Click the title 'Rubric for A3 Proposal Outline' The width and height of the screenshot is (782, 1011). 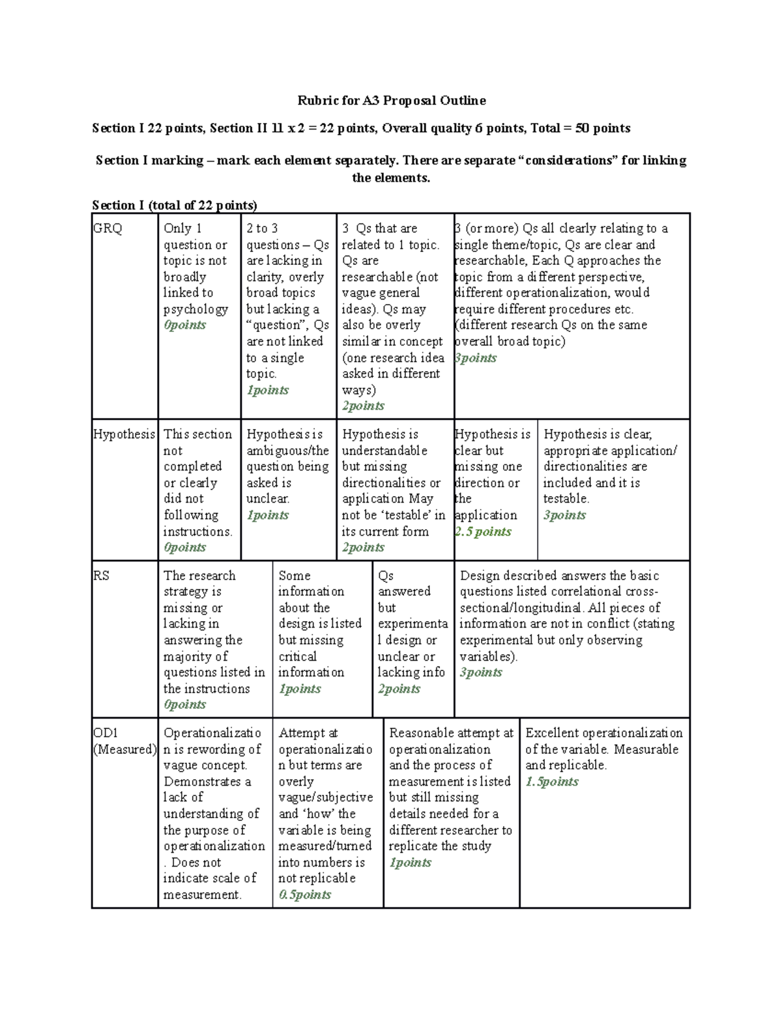391,100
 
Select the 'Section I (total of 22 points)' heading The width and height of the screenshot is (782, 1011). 175,205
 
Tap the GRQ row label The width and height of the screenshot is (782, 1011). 108,229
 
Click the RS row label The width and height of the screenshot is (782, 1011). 101,575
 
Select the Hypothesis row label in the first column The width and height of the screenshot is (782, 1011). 124,434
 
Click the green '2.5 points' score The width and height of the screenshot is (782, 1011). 483,531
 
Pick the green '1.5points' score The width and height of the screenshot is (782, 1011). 551,781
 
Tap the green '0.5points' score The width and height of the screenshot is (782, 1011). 305,894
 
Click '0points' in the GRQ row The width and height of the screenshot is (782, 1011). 184,325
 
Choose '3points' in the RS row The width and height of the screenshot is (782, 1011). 481,672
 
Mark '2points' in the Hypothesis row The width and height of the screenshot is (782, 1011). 363,547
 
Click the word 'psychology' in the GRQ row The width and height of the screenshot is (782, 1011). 195,309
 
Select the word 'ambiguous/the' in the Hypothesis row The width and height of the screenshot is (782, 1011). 287,450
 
